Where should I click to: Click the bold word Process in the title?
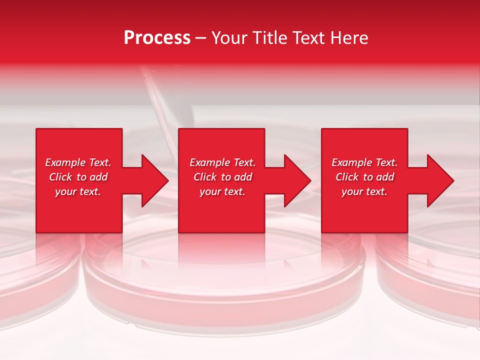[157, 38]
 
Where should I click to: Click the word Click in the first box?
[61, 177]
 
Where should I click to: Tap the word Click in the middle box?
[205, 177]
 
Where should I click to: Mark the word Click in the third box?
[347, 177]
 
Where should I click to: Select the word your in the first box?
[65, 192]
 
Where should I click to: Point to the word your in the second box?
[209, 192]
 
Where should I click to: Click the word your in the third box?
[351, 192]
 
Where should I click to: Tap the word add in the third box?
[386, 177]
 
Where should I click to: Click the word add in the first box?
[99, 177]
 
